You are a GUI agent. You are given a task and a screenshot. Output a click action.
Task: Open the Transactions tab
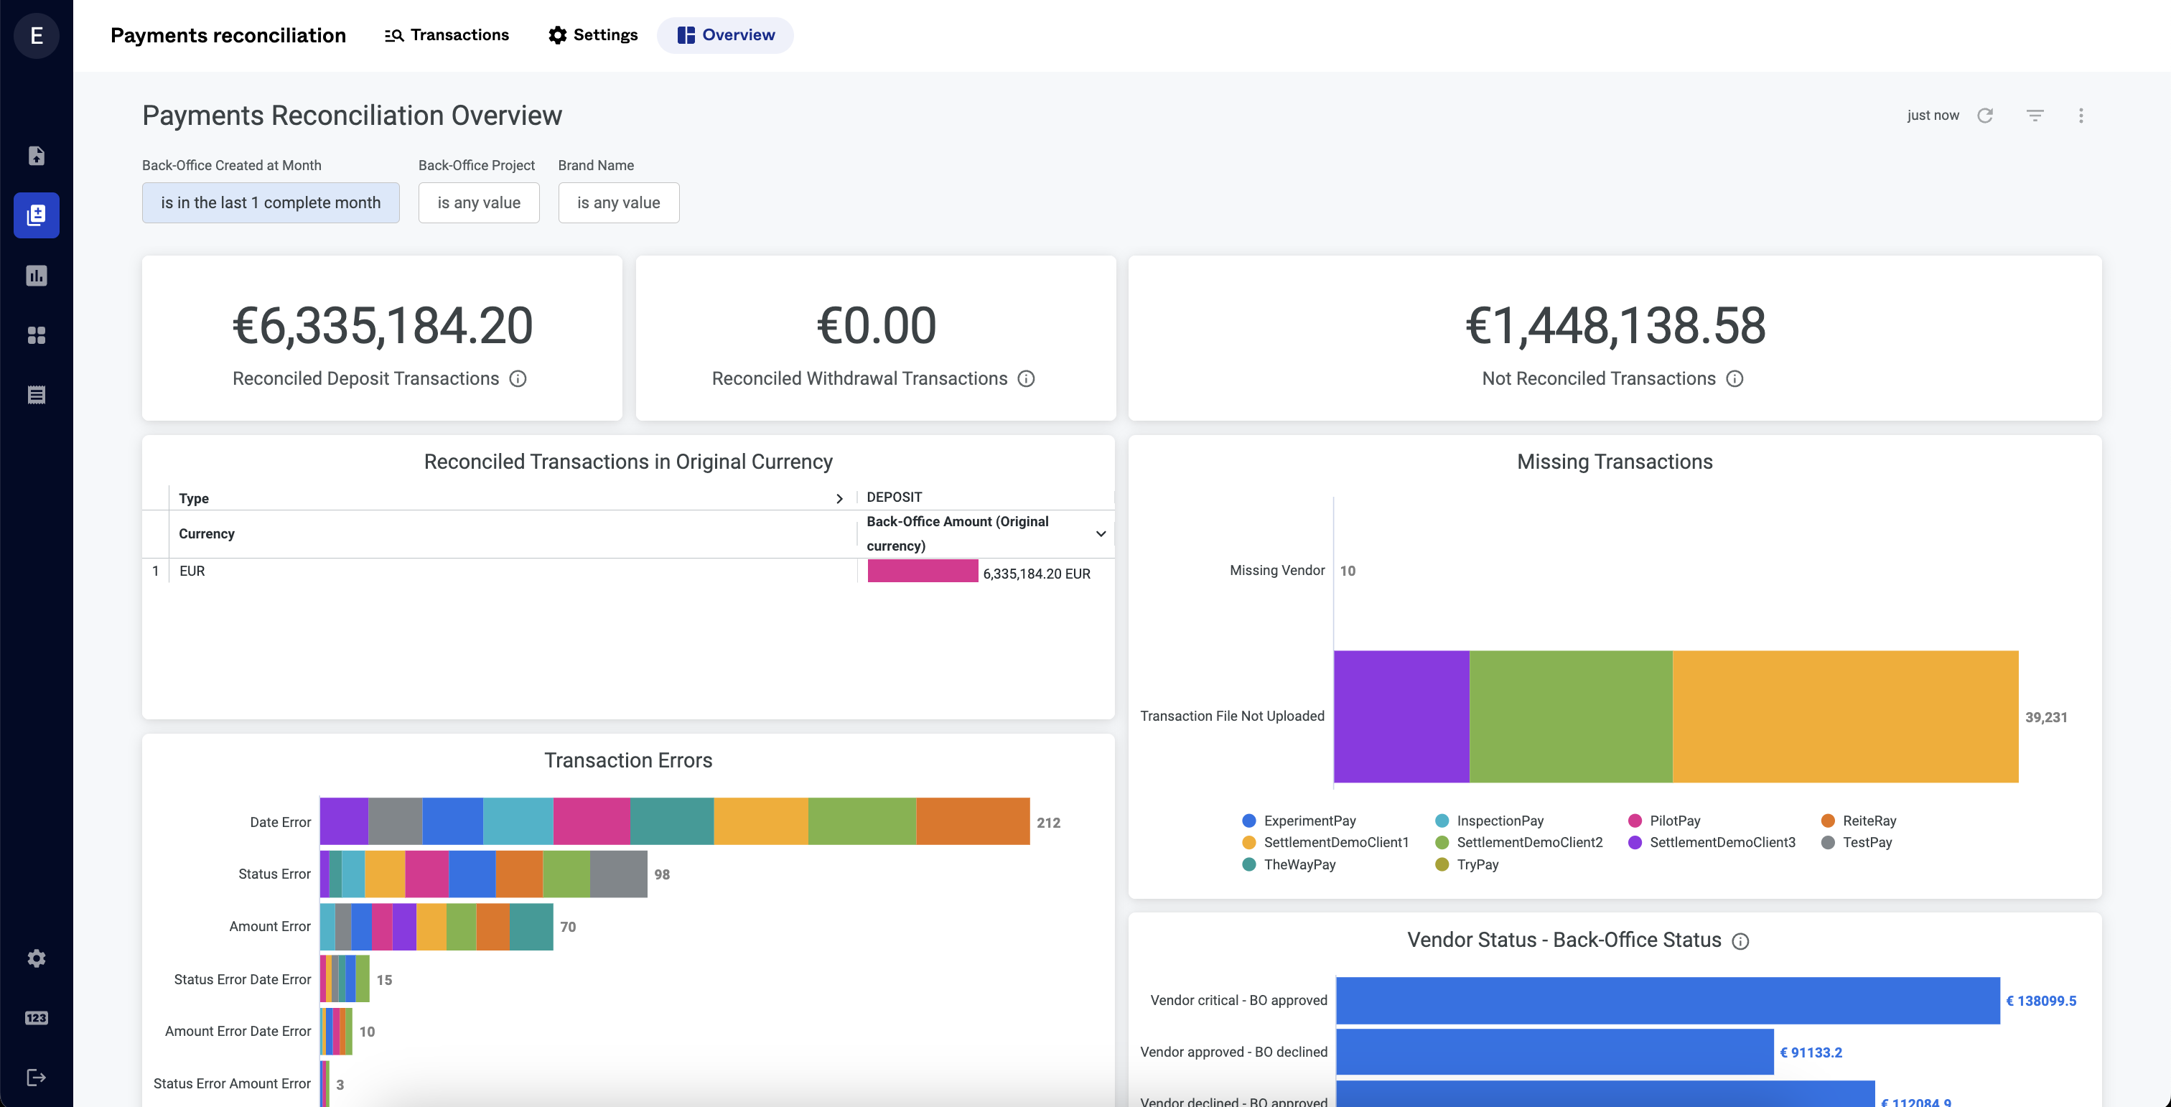(x=447, y=35)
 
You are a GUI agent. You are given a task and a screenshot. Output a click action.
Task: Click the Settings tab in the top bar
(x=592, y=35)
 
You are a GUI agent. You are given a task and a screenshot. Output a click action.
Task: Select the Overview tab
(x=726, y=35)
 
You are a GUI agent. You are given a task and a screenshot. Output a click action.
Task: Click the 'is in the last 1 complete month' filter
(x=271, y=203)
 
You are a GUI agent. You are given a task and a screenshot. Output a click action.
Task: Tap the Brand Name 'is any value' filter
(x=619, y=203)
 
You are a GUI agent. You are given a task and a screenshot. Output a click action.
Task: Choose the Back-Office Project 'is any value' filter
(x=479, y=203)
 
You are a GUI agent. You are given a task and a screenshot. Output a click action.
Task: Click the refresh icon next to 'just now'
(x=1985, y=116)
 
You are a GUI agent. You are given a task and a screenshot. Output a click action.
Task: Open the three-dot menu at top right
(x=2081, y=116)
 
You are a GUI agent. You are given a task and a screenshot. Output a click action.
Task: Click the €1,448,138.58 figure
(x=1615, y=326)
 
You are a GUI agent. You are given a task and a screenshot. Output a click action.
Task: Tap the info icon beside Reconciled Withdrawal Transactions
(x=1026, y=379)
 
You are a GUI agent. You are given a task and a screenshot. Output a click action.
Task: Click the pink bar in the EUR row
(x=923, y=571)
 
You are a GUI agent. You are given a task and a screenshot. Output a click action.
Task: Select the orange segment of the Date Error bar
(x=973, y=821)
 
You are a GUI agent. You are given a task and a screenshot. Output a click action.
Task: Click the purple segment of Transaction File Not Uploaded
(x=1401, y=716)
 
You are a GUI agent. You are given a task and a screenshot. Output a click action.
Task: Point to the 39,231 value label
(x=2045, y=718)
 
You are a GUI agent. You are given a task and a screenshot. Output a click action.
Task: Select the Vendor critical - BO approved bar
(x=1667, y=1001)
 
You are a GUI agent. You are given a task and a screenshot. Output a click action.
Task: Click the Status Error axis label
(x=274, y=874)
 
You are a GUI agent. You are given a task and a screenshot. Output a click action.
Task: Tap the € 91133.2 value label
(x=1811, y=1053)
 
